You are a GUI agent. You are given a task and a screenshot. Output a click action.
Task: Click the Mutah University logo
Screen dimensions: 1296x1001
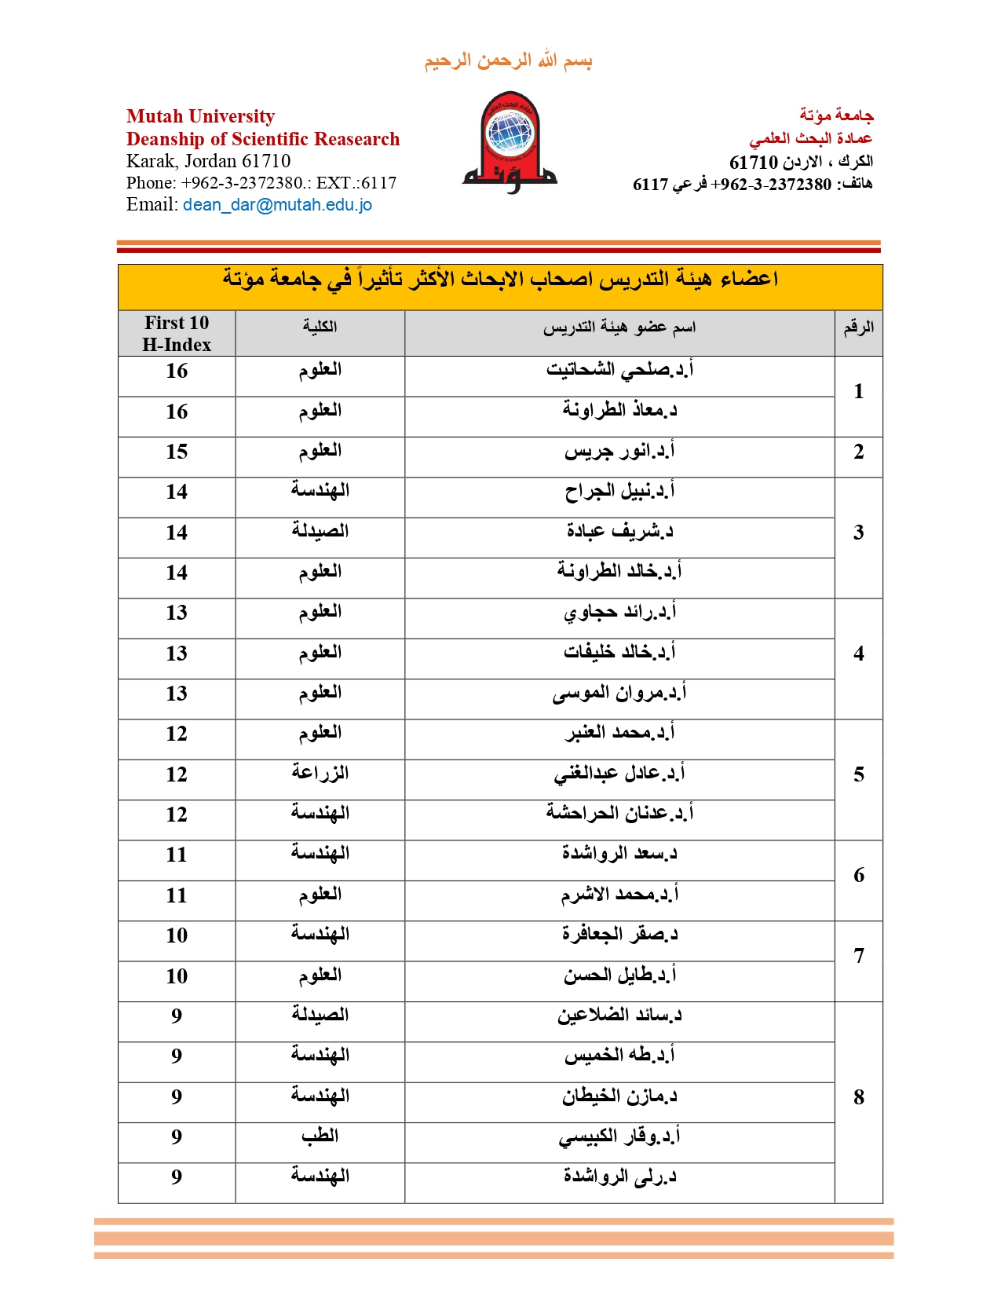(x=509, y=142)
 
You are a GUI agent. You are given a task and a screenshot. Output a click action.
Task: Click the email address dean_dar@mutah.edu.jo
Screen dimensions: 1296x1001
(x=277, y=205)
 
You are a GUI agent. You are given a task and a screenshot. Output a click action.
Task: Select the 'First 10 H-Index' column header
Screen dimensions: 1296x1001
(x=177, y=334)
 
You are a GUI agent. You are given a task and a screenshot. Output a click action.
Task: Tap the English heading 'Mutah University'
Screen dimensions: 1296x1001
(x=200, y=116)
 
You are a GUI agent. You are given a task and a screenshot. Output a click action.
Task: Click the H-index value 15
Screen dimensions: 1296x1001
(x=177, y=452)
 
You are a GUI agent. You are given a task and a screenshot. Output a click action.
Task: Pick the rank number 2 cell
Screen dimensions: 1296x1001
(x=858, y=452)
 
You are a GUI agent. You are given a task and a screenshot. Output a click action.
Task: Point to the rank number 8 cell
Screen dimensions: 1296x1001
(x=858, y=1097)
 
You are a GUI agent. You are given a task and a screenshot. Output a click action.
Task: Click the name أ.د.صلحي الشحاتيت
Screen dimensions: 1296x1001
(x=619, y=369)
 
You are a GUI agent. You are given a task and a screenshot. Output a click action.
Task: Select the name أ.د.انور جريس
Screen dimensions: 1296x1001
(x=619, y=452)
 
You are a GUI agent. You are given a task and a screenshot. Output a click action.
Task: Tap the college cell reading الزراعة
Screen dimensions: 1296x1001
(x=320, y=773)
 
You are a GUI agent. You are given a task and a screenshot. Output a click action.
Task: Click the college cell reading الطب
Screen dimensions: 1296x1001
(x=320, y=1136)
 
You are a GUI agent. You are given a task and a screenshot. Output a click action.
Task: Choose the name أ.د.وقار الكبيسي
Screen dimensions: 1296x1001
(x=619, y=1137)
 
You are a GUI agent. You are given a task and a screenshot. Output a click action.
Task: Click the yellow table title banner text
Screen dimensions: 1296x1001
(x=500, y=280)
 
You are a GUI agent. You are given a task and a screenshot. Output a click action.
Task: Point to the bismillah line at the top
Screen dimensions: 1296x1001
(x=508, y=61)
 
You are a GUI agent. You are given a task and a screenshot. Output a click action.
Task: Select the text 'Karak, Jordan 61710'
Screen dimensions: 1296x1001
(x=208, y=161)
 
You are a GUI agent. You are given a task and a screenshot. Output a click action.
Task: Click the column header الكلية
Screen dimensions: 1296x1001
(x=320, y=327)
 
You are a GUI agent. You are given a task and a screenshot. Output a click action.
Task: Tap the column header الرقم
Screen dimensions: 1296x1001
(x=858, y=328)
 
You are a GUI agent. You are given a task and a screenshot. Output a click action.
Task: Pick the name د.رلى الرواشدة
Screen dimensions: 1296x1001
(x=619, y=1177)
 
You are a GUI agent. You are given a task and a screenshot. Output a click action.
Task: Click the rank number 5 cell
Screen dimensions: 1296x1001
(x=858, y=774)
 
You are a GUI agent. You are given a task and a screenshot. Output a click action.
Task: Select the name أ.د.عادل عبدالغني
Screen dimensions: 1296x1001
(x=619, y=774)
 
